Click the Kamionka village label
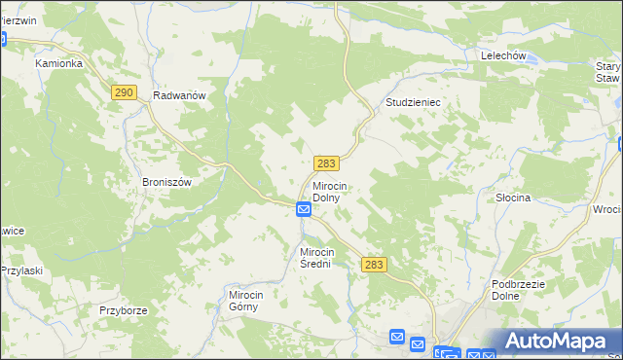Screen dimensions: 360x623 [x=59, y=63]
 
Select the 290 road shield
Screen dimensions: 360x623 [x=123, y=91]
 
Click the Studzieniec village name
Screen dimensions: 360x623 [x=417, y=101]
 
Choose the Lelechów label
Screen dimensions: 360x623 [x=503, y=56]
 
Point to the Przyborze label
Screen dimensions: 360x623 [x=123, y=310]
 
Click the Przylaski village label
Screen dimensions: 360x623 [x=20, y=270]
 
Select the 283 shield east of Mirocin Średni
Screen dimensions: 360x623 [x=375, y=265]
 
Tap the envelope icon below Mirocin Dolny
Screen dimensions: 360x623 [x=304, y=209]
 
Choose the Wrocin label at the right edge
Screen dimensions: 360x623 [x=606, y=209]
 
